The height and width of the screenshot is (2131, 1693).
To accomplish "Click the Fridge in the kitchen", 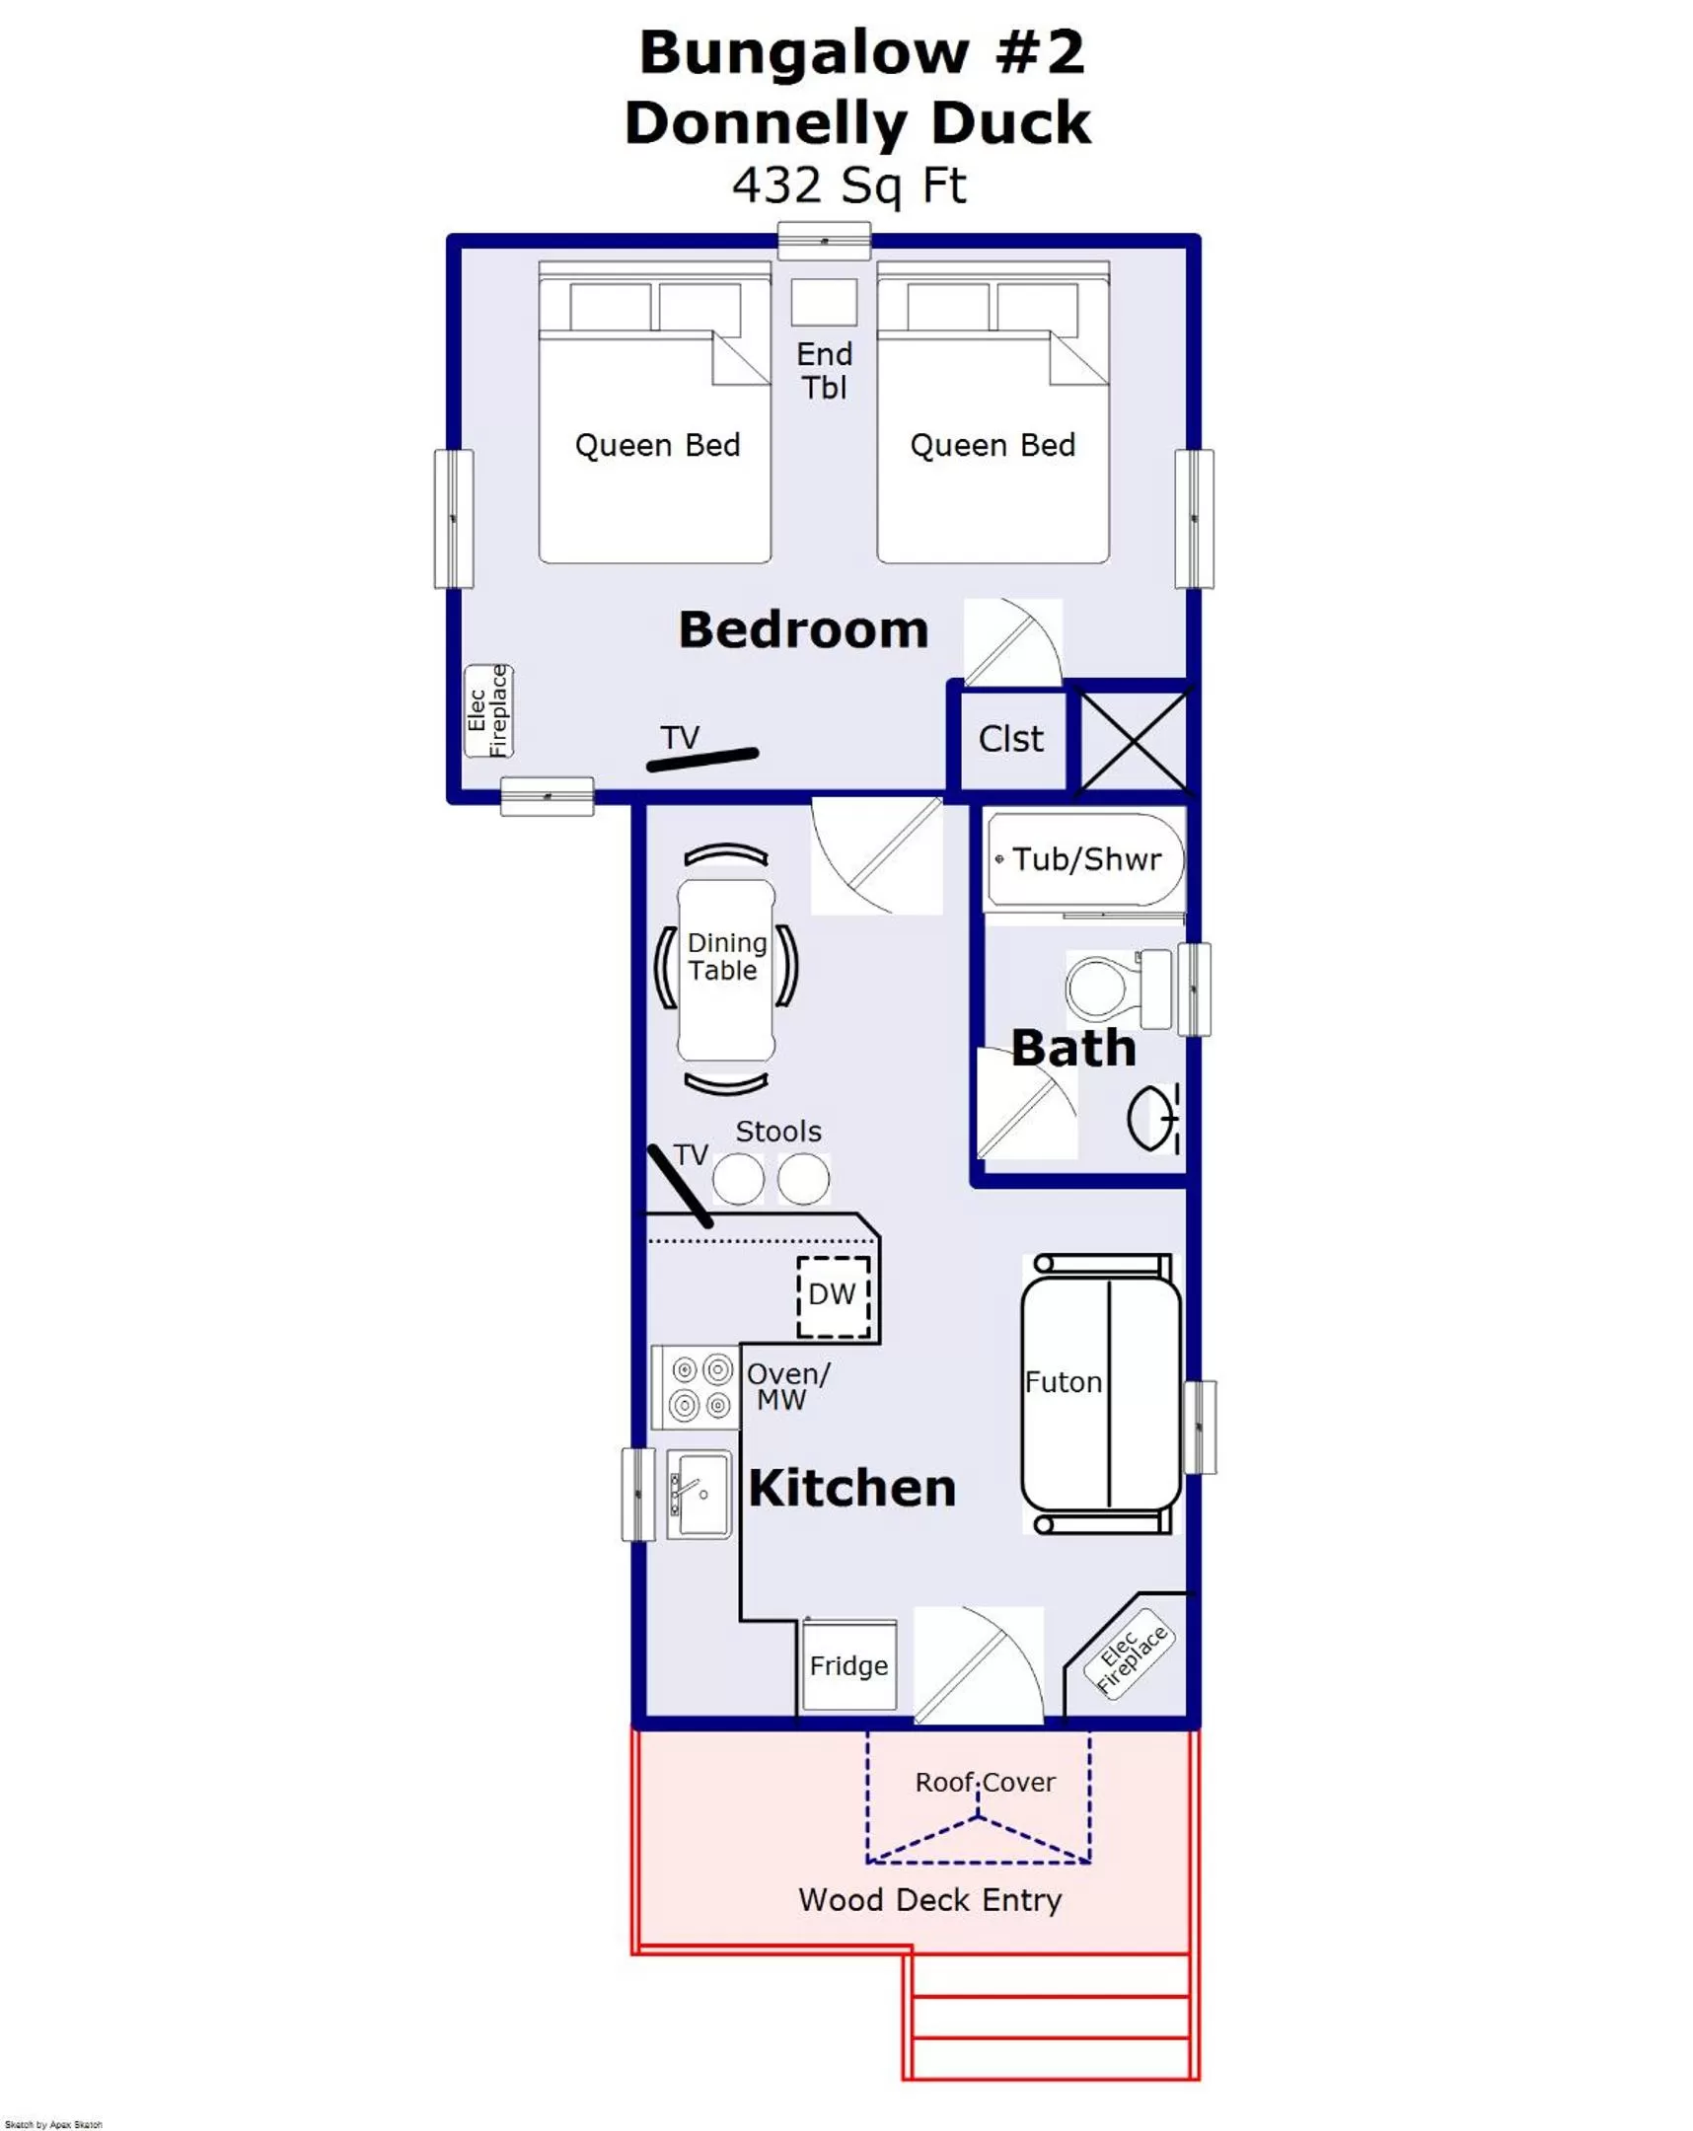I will pyautogui.click(x=848, y=1665).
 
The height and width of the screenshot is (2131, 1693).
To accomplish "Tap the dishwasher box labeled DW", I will pyautogui.click(x=833, y=1295).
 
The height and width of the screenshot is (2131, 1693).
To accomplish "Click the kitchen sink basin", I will pyautogui.click(x=700, y=1494).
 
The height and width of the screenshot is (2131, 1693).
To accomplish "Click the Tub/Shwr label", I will pyautogui.click(x=1085, y=860).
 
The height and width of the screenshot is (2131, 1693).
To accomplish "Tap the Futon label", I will pyautogui.click(x=1063, y=1382).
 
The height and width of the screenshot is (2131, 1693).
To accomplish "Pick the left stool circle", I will pyautogui.click(x=738, y=1179).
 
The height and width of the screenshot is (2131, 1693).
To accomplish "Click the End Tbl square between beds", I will pyautogui.click(x=823, y=302).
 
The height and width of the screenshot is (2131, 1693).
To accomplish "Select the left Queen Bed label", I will pyautogui.click(x=657, y=446).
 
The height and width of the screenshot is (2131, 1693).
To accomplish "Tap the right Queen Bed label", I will pyautogui.click(x=993, y=446).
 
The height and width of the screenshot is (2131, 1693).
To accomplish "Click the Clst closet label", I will pyautogui.click(x=1010, y=739).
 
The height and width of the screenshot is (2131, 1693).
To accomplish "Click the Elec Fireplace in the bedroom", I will pyautogui.click(x=488, y=710).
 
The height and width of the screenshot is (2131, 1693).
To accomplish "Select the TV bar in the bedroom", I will pyautogui.click(x=702, y=759).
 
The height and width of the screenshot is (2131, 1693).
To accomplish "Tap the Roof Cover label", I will pyautogui.click(x=985, y=1782).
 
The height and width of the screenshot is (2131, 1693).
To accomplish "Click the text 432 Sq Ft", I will pyautogui.click(x=848, y=185).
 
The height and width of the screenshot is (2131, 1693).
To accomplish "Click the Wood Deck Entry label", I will pyautogui.click(x=929, y=1900).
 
